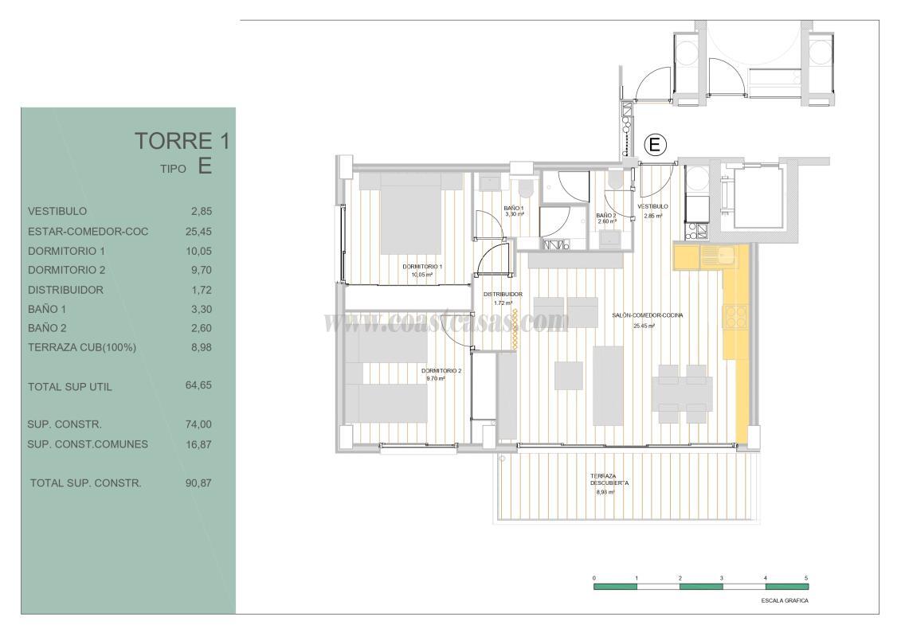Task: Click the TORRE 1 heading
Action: pos(182,142)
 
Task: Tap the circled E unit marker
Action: pos(654,145)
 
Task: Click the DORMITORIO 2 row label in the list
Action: pos(66,270)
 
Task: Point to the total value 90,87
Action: pos(199,483)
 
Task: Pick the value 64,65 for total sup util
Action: pos(199,386)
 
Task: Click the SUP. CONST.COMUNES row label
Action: pos(88,444)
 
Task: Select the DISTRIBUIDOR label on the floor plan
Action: pos(503,294)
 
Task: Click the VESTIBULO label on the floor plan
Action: pos(653,206)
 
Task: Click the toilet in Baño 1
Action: pos(524,190)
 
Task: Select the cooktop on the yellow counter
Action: pos(734,317)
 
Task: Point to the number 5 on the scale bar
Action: pos(806,577)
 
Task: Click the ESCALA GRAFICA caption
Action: pos(785,601)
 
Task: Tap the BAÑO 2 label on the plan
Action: pos(607,215)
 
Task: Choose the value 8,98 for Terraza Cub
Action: pos(199,347)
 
